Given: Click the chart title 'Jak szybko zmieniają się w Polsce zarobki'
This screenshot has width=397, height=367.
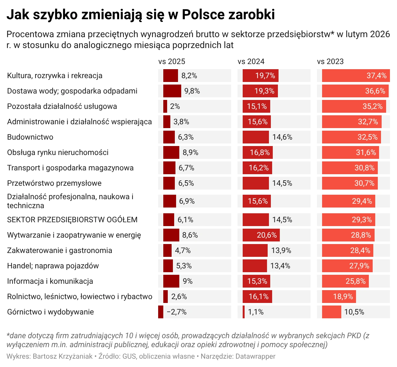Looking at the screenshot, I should pyautogui.click(x=141, y=15).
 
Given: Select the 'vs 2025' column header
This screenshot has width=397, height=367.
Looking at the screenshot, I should pyautogui.click(x=172, y=61).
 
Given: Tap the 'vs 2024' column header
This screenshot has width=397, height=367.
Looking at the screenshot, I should pyautogui.click(x=251, y=61).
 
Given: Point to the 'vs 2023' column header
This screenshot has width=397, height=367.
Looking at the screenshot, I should pyautogui.click(x=330, y=61).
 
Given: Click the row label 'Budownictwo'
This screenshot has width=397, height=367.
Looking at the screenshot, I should pyautogui.click(x=30, y=137).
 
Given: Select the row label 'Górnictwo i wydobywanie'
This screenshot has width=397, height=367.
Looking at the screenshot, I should pyautogui.click(x=50, y=312).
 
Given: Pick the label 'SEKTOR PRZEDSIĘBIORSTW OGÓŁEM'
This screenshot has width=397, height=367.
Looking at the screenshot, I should pyautogui.click(x=72, y=220).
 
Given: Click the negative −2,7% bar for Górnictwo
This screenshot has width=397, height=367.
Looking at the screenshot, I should pyautogui.click(x=161, y=312).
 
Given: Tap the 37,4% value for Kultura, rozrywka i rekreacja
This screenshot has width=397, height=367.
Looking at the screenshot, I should pyautogui.click(x=377, y=76).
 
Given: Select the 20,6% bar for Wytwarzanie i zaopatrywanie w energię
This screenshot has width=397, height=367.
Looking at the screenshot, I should pyautogui.click(x=261, y=235).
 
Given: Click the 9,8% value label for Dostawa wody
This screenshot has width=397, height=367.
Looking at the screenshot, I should pyautogui.click(x=192, y=91).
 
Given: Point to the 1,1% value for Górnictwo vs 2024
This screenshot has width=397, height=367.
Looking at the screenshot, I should pyautogui.click(x=256, y=312).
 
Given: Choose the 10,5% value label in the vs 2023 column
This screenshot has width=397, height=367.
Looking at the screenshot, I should pyautogui.click(x=354, y=312).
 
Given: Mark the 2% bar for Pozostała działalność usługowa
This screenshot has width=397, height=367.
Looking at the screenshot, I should pyautogui.click(x=165, y=106).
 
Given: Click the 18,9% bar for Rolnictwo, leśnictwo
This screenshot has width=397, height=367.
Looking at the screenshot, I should pyautogui.click(x=339, y=297).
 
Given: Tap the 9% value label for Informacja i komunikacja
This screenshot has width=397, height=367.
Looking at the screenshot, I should pyautogui.click(x=188, y=281).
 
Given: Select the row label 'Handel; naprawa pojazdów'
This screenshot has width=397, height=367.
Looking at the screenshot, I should pyautogui.click(x=53, y=266).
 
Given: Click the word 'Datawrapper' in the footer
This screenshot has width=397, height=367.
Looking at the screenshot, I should pyautogui.click(x=255, y=356).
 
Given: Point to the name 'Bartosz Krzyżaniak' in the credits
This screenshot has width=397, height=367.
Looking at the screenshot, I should pyautogui.click(x=62, y=356).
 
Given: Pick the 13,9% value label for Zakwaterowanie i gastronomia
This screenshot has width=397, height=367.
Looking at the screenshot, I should pyautogui.click(x=281, y=250).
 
